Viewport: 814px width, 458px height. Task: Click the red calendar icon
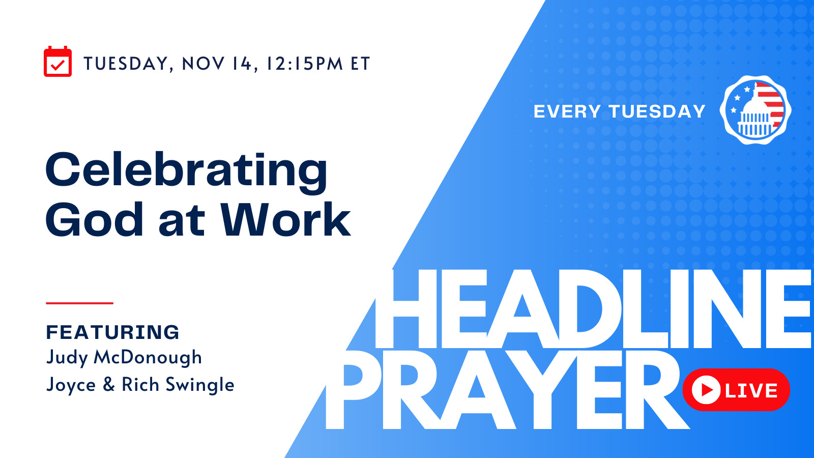click(58, 62)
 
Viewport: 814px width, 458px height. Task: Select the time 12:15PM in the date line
click(305, 64)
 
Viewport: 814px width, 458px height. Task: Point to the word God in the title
click(94, 219)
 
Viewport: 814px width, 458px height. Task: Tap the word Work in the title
click(286, 219)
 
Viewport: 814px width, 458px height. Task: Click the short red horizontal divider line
click(79, 303)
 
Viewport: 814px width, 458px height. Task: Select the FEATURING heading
click(112, 332)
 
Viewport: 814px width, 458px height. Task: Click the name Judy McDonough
click(124, 358)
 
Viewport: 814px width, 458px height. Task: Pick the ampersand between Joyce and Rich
click(109, 385)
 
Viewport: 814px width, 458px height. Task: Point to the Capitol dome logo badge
click(756, 110)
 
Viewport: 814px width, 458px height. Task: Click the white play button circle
click(706, 390)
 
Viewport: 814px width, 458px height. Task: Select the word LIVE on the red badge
click(751, 390)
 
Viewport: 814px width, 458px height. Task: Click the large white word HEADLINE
click(593, 309)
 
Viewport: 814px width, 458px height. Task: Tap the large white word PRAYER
click(507, 390)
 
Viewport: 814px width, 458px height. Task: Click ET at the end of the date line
click(360, 64)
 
